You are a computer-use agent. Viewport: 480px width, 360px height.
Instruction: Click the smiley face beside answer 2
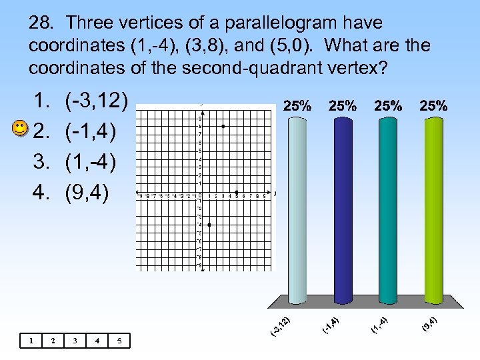coord(21,129)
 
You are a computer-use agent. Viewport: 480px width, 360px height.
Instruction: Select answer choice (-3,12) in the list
coord(97,101)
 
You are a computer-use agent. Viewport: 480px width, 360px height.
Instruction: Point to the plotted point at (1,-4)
coord(209,225)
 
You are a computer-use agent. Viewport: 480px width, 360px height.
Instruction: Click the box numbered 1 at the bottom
coord(31,341)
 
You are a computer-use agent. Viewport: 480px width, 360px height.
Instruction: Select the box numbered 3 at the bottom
coord(75,341)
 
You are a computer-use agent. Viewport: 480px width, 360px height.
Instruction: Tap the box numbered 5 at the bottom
coord(119,341)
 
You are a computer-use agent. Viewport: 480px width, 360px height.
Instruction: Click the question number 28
coord(41,23)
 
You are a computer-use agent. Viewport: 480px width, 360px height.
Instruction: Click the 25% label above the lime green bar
coord(433,105)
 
